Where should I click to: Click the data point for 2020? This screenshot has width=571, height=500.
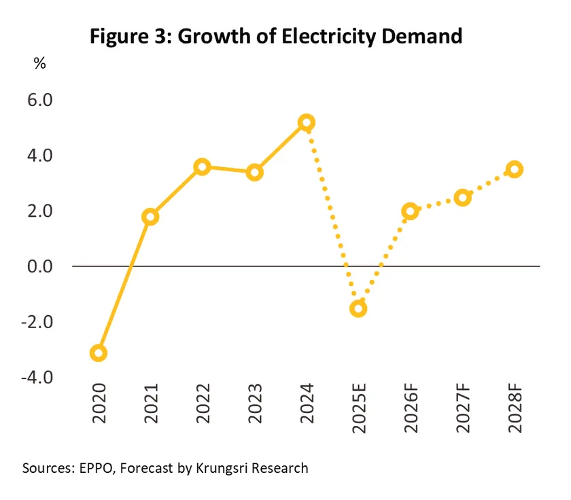[x=99, y=353]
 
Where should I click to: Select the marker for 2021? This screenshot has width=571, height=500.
[x=150, y=217]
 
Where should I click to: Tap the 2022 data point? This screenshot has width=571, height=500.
[x=203, y=166]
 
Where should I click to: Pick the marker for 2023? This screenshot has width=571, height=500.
[x=255, y=172]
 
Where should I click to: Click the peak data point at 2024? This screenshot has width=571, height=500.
[x=307, y=123]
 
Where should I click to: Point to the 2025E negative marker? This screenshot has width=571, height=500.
[x=358, y=308]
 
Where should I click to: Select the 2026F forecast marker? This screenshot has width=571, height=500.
[x=410, y=211]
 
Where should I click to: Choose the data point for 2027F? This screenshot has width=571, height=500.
[x=462, y=198]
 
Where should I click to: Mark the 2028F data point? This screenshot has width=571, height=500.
[x=515, y=169]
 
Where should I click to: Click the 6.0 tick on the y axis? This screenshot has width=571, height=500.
[x=40, y=100]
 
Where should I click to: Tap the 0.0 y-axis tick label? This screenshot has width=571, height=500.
[x=40, y=266]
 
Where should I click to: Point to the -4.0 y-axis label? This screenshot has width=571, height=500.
[x=38, y=377]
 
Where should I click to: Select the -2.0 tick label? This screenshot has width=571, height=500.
[x=38, y=321]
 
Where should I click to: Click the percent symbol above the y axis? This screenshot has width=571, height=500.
[x=40, y=63]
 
